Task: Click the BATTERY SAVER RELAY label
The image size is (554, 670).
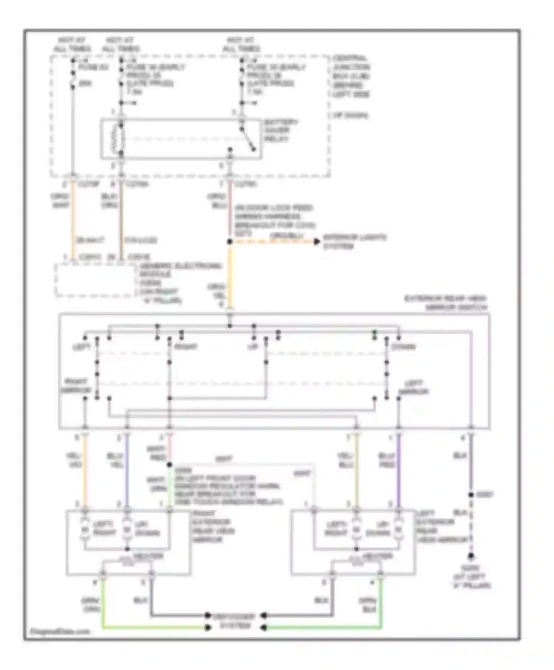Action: [x=281, y=130]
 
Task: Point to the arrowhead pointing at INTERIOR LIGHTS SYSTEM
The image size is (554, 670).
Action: [x=317, y=242]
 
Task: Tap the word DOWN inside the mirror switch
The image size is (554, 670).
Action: [x=403, y=347]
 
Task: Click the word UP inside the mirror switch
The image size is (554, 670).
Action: [x=253, y=347]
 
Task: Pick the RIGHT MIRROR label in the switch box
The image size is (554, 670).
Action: [x=75, y=386]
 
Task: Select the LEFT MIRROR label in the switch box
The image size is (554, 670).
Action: [x=413, y=387]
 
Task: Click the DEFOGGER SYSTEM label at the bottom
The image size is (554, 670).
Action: [x=235, y=621]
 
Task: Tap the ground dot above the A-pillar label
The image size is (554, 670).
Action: [x=471, y=556]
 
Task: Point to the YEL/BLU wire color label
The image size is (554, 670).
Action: [x=345, y=460]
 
